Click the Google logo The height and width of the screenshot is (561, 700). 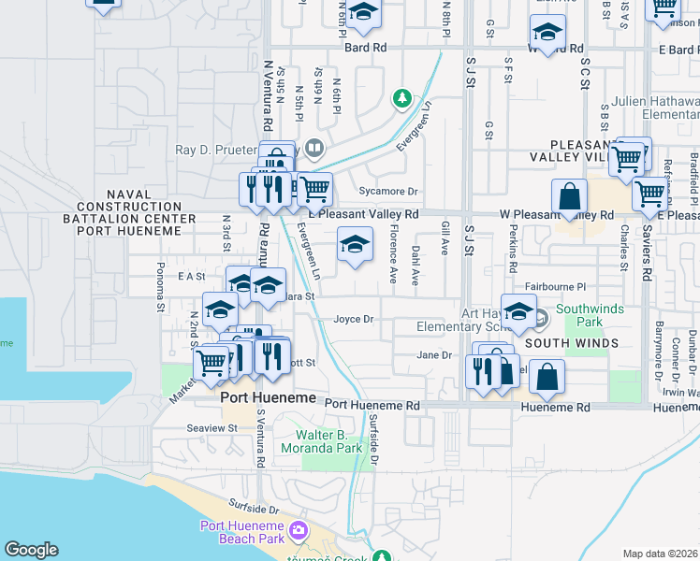point(31,550)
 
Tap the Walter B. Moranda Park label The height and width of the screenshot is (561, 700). point(328,441)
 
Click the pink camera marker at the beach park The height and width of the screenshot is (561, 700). point(299,531)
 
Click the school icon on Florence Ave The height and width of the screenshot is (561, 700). point(355,245)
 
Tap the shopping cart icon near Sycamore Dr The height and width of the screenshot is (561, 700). point(315,190)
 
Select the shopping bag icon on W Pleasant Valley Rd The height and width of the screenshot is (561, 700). point(569,198)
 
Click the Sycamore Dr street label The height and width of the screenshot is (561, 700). point(386,192)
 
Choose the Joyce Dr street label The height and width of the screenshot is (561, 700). point(354,319)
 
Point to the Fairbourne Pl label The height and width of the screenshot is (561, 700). point(555,287)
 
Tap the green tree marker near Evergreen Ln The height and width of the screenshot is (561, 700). point(401,97)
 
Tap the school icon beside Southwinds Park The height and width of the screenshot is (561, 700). point(518,311)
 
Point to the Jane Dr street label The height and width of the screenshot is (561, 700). point(434,355)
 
